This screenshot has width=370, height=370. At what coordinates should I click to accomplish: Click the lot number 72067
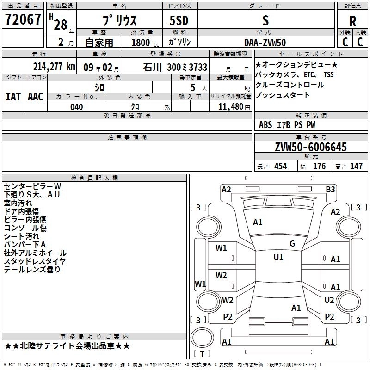click(x=23, y=20)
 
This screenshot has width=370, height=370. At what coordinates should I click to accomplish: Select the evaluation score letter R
click(x=352, y=21)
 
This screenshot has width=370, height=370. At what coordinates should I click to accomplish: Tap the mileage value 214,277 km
click(x=54, y=67)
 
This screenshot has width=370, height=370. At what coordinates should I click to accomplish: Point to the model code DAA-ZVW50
click(x=265, y=43)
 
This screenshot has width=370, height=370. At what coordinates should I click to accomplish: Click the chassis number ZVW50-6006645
click(x=310, y=147)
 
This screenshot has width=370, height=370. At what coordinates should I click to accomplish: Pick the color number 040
click(x=77, y=107)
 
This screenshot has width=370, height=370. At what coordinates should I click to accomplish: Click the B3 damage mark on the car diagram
click(x=330, y=189)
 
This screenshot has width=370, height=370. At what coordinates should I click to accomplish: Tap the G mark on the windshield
click(x=292, y=244)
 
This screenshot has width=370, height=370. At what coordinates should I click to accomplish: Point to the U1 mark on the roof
click(x=278, y=258)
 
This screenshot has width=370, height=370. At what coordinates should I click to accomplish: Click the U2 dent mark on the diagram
click(x=329, y=300)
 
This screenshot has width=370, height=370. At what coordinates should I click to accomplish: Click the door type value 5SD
click(x=179, y=21)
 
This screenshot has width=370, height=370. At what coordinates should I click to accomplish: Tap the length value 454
click(x=280, y=166)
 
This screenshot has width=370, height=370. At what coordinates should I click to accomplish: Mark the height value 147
click(x=356, y=166)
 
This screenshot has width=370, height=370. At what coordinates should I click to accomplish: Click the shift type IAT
click(x=13, y=97)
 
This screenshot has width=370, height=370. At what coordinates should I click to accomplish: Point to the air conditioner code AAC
click(x=36, y=97)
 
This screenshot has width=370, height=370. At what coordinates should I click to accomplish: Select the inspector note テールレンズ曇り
click(x=32, y=270)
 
